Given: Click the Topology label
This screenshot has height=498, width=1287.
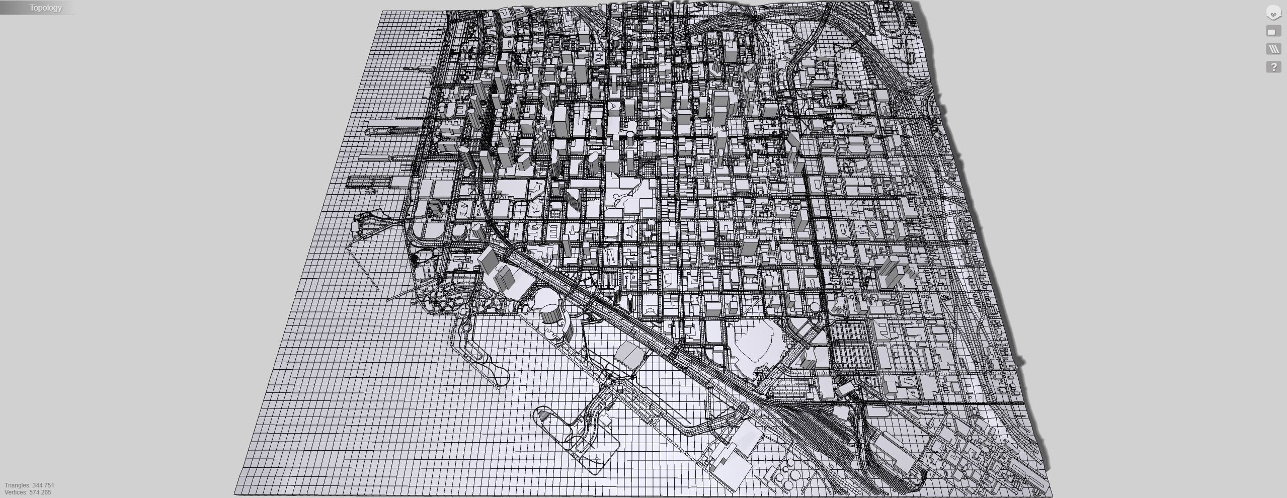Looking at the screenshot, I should point(45,8).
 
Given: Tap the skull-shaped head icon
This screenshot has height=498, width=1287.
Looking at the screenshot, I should point(1273,13).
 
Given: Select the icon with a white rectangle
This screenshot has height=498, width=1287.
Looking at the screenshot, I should point(1273,32).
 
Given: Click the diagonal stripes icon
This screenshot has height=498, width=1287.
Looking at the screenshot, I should point(1273,49).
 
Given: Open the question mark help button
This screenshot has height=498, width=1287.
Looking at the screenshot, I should point(1273,67).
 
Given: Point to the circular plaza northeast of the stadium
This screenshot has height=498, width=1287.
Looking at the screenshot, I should point(814,306).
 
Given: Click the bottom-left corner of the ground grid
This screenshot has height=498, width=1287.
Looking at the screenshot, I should point(235,494).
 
